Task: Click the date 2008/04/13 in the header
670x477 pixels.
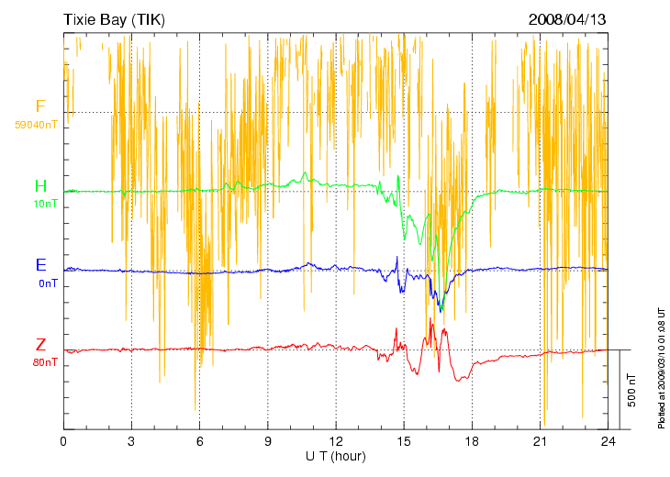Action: click(x=567, y=19)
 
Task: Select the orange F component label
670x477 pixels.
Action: click(x=40, y=106)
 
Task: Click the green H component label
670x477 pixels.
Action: click(x=40, y=186)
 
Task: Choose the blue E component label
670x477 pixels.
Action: click(x=40, y=265)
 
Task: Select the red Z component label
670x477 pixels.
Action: click(x=40, y=345)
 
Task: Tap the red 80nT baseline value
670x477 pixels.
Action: click(x=44, y=362)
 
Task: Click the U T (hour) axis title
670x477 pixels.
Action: click(x=336, y=456)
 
